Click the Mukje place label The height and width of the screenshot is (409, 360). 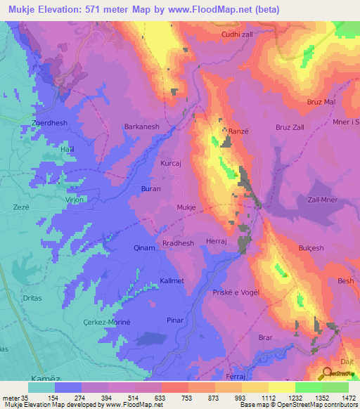186,208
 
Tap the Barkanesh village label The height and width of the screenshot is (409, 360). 143,127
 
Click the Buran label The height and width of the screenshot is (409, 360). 151,190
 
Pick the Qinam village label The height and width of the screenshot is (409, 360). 144,247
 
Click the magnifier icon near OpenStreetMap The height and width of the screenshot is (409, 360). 328,374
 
